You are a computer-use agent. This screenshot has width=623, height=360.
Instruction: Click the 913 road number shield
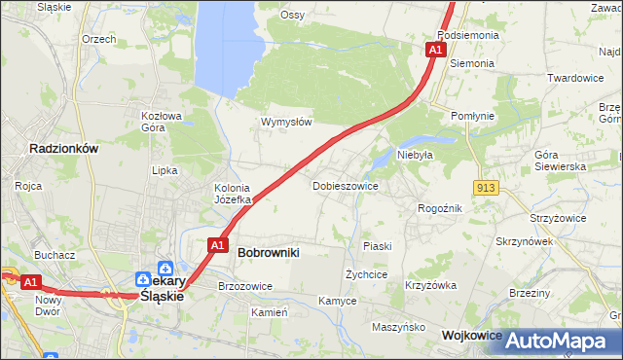click(488, 187)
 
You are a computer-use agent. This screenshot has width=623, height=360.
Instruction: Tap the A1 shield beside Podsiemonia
click(435, 49)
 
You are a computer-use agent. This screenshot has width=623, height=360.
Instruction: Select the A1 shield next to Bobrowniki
click(218, 245)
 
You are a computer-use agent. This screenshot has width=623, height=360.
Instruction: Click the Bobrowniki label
click(269, 252)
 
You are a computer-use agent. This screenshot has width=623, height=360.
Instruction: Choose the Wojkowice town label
click(471, 335)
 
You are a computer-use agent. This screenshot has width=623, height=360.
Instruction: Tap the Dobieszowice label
click(345, 185)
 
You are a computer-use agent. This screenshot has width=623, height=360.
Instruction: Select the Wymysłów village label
click(286, 122)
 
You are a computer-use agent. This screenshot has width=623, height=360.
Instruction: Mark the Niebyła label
click(414, 154)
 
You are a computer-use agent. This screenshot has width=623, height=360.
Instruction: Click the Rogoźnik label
click(439, 207)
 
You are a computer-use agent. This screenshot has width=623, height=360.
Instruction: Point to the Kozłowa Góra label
click(162, 121)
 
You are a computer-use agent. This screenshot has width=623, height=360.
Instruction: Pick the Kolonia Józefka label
click(233, 194)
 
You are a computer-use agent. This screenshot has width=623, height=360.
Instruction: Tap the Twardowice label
click(575, 78)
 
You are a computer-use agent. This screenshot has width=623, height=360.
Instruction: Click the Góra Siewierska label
click(560, 161)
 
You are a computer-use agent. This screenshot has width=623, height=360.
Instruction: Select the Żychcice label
click(367, 274)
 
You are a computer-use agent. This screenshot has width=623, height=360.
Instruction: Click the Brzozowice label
click(245, 286)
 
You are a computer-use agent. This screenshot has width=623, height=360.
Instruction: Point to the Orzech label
click(99, 39)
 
